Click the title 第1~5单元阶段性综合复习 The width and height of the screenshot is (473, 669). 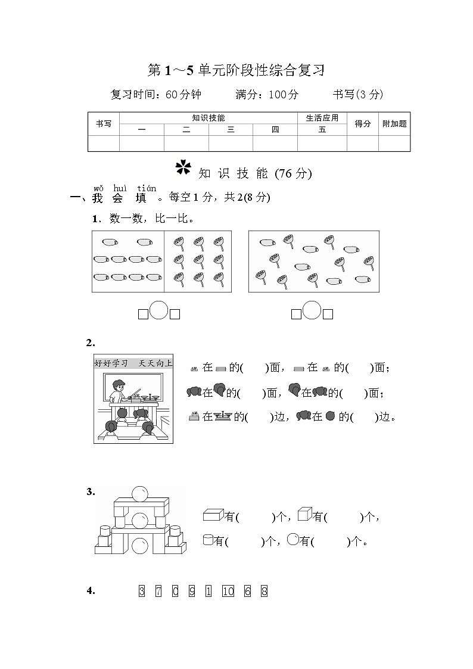pyautogui.click(x=236, y=71)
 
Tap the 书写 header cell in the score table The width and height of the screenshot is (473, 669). pyautogui.click(x=104, y=124)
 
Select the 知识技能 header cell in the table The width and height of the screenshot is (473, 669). pyautogui.click(x=209, y=118)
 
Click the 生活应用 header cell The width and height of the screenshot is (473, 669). pyautogui.click(x=322, y=118)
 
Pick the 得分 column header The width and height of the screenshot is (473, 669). pyautogui.click(x=363, y=124)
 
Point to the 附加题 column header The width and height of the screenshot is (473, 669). pyautogui.click(x=394, y=124)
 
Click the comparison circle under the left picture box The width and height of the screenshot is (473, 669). pyautogui.click(x=159, y=310)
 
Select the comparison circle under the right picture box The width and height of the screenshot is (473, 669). pyautogui.click(x=312, y=310)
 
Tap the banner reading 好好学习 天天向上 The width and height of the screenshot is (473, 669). pyautogui.click(x=133, y=363)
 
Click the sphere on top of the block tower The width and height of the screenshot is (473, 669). pyautogui.click(x=139, y=494)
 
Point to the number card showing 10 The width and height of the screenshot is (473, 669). pyautogui.click(x=228, y=591)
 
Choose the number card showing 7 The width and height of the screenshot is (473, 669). pyautogui.click(x=158, y=591)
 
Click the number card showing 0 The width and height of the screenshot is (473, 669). pyautogui.click(x=175, y=591)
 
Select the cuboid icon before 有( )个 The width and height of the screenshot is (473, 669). pyautogui.click(x=213, y=515)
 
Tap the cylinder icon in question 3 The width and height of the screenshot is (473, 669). pyautogui.click(x=208, y=540)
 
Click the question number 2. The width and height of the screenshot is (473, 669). pyautogui.click(x=91, y=343)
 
